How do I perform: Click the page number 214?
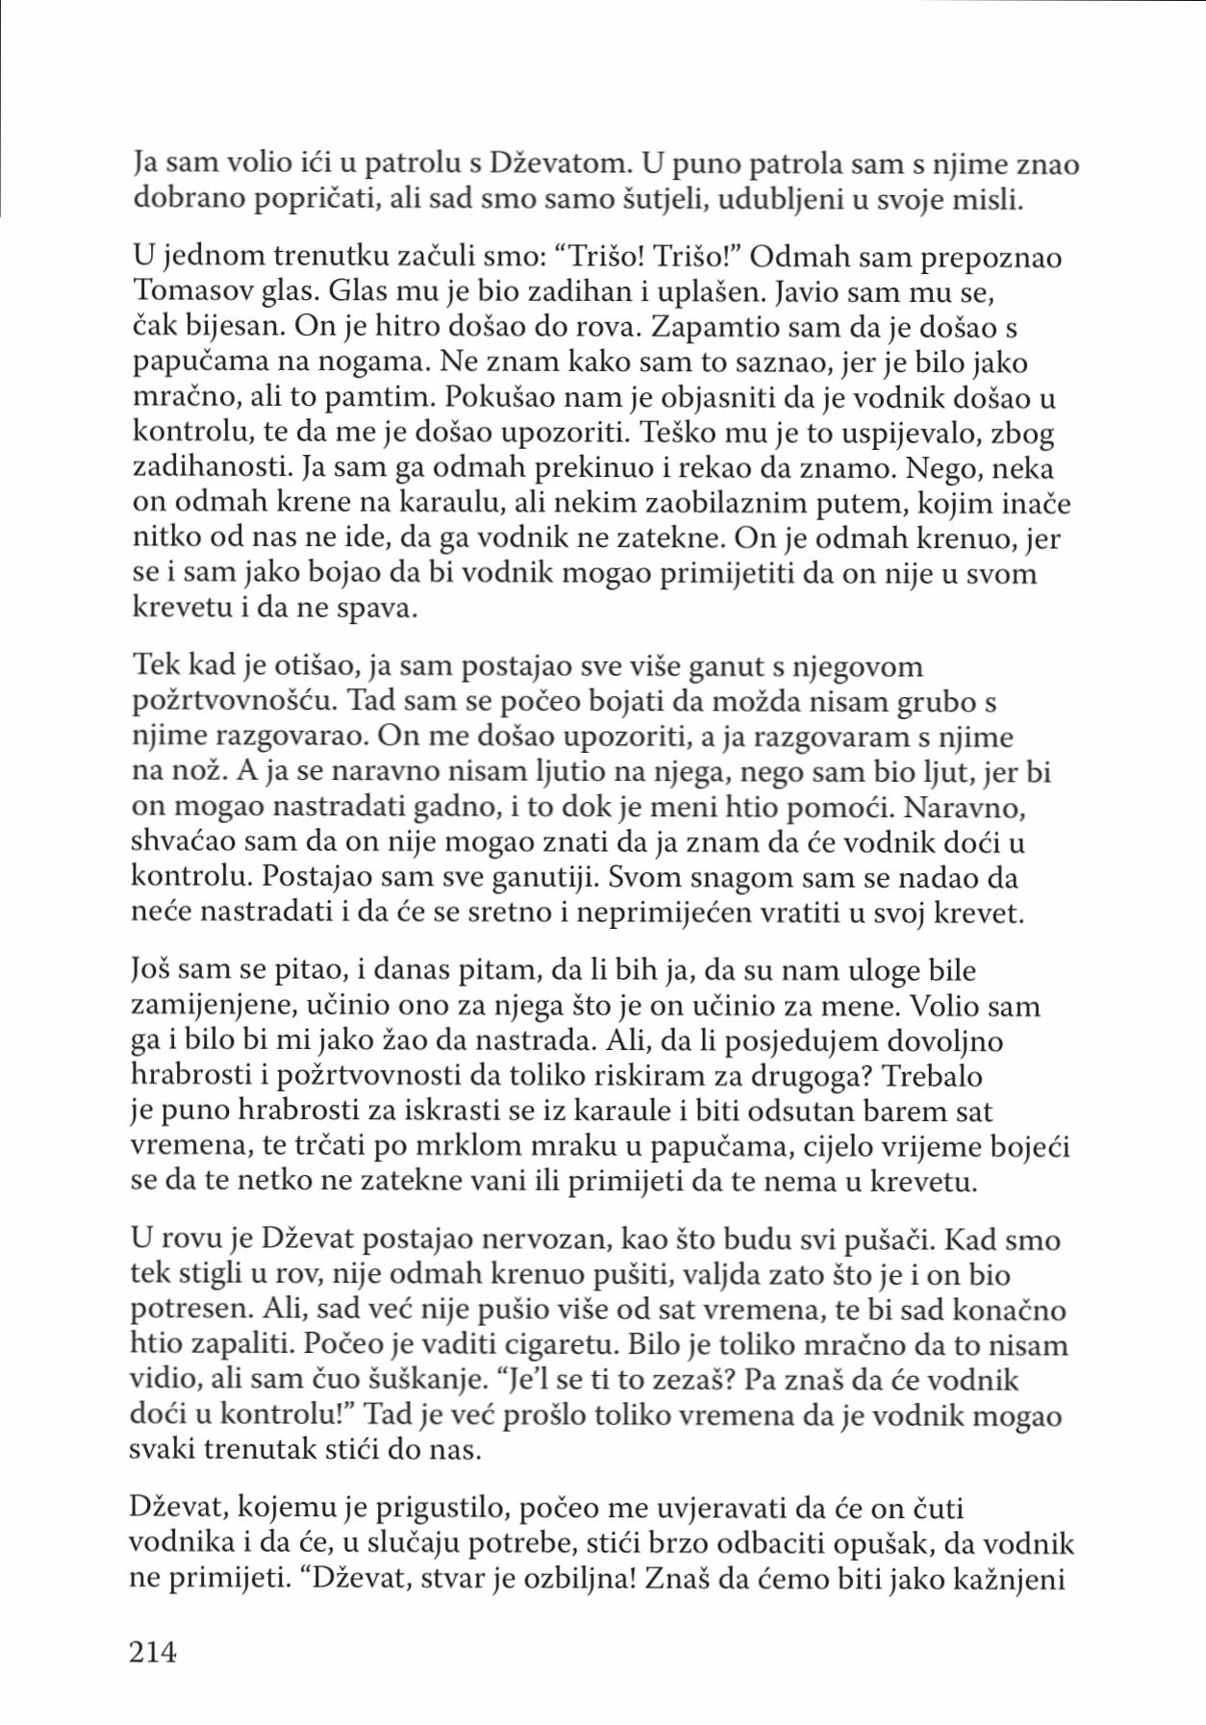tap(153, 1652)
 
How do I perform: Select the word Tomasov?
tap(182, 293)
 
